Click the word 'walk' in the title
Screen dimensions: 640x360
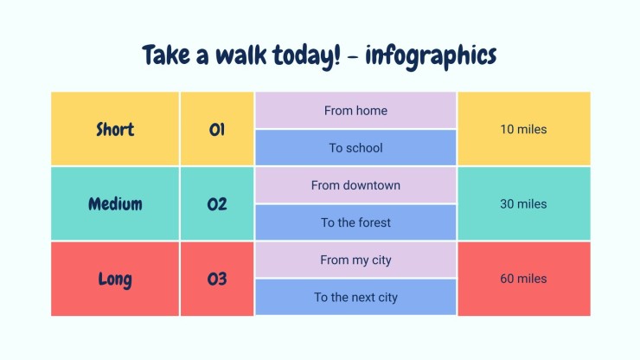pos(240,55)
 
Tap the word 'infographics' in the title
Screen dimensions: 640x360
pos(431,56)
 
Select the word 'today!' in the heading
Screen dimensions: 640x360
pos(306,56)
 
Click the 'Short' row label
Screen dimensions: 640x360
pos(115,129)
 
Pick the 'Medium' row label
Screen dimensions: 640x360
pos(115,204)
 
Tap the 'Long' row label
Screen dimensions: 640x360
pos(115,280)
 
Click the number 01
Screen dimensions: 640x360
pos(217,130)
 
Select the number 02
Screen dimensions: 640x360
pos(217,204)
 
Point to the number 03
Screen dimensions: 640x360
pos(217,280)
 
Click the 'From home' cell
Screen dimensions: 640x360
pos(355,110)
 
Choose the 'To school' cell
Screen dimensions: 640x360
pos(355,147)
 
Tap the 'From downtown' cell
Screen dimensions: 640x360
pos(355,185)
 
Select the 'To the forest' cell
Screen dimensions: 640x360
pos(355,222)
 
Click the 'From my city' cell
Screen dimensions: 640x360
pos(355,260)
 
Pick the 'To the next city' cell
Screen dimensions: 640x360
pos(355,297)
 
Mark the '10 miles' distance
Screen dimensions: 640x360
pos(523,129)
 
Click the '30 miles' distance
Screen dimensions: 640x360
pos(523,204)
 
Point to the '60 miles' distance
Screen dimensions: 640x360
pos(523,279)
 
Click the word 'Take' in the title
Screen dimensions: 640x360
pos(166,55)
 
